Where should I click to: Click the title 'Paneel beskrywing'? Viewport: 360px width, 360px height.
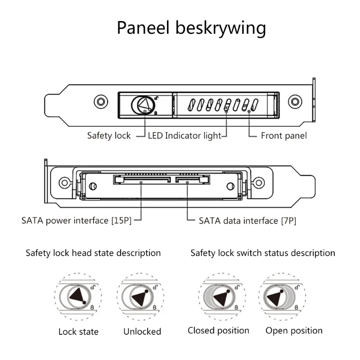pyautogui.click(x=191, y=28)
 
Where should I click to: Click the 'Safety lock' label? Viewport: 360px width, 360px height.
pyautogui.click(x=109, y=135)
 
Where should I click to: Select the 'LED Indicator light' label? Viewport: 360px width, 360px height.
pyautogui.click(x=184, y=135)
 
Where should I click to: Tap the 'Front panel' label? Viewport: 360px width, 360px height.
pyautogui.click(x=283, y=135)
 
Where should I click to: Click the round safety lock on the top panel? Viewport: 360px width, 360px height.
pyautogui.click(x=144, y=105)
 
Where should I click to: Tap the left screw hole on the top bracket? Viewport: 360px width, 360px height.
pyautogui.click(x=101, y=101)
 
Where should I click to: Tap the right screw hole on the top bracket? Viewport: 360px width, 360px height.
pyautogui.click(x=295, y=101)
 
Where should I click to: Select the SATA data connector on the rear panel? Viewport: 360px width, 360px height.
pyautogui.click(x=193, y=180)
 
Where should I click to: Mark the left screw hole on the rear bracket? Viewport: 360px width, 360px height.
pyautogui.click(x=64, y=182)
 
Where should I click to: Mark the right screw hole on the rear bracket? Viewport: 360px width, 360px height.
pyautogui.click(x=259, y=182)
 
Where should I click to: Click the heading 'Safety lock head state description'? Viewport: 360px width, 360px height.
pyautogui.click(x=93, y=253)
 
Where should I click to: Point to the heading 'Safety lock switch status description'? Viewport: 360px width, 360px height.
pyautogui.click(x=263, y=253)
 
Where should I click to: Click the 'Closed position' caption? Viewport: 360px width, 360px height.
pyautogui.click(x=218, y=331)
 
